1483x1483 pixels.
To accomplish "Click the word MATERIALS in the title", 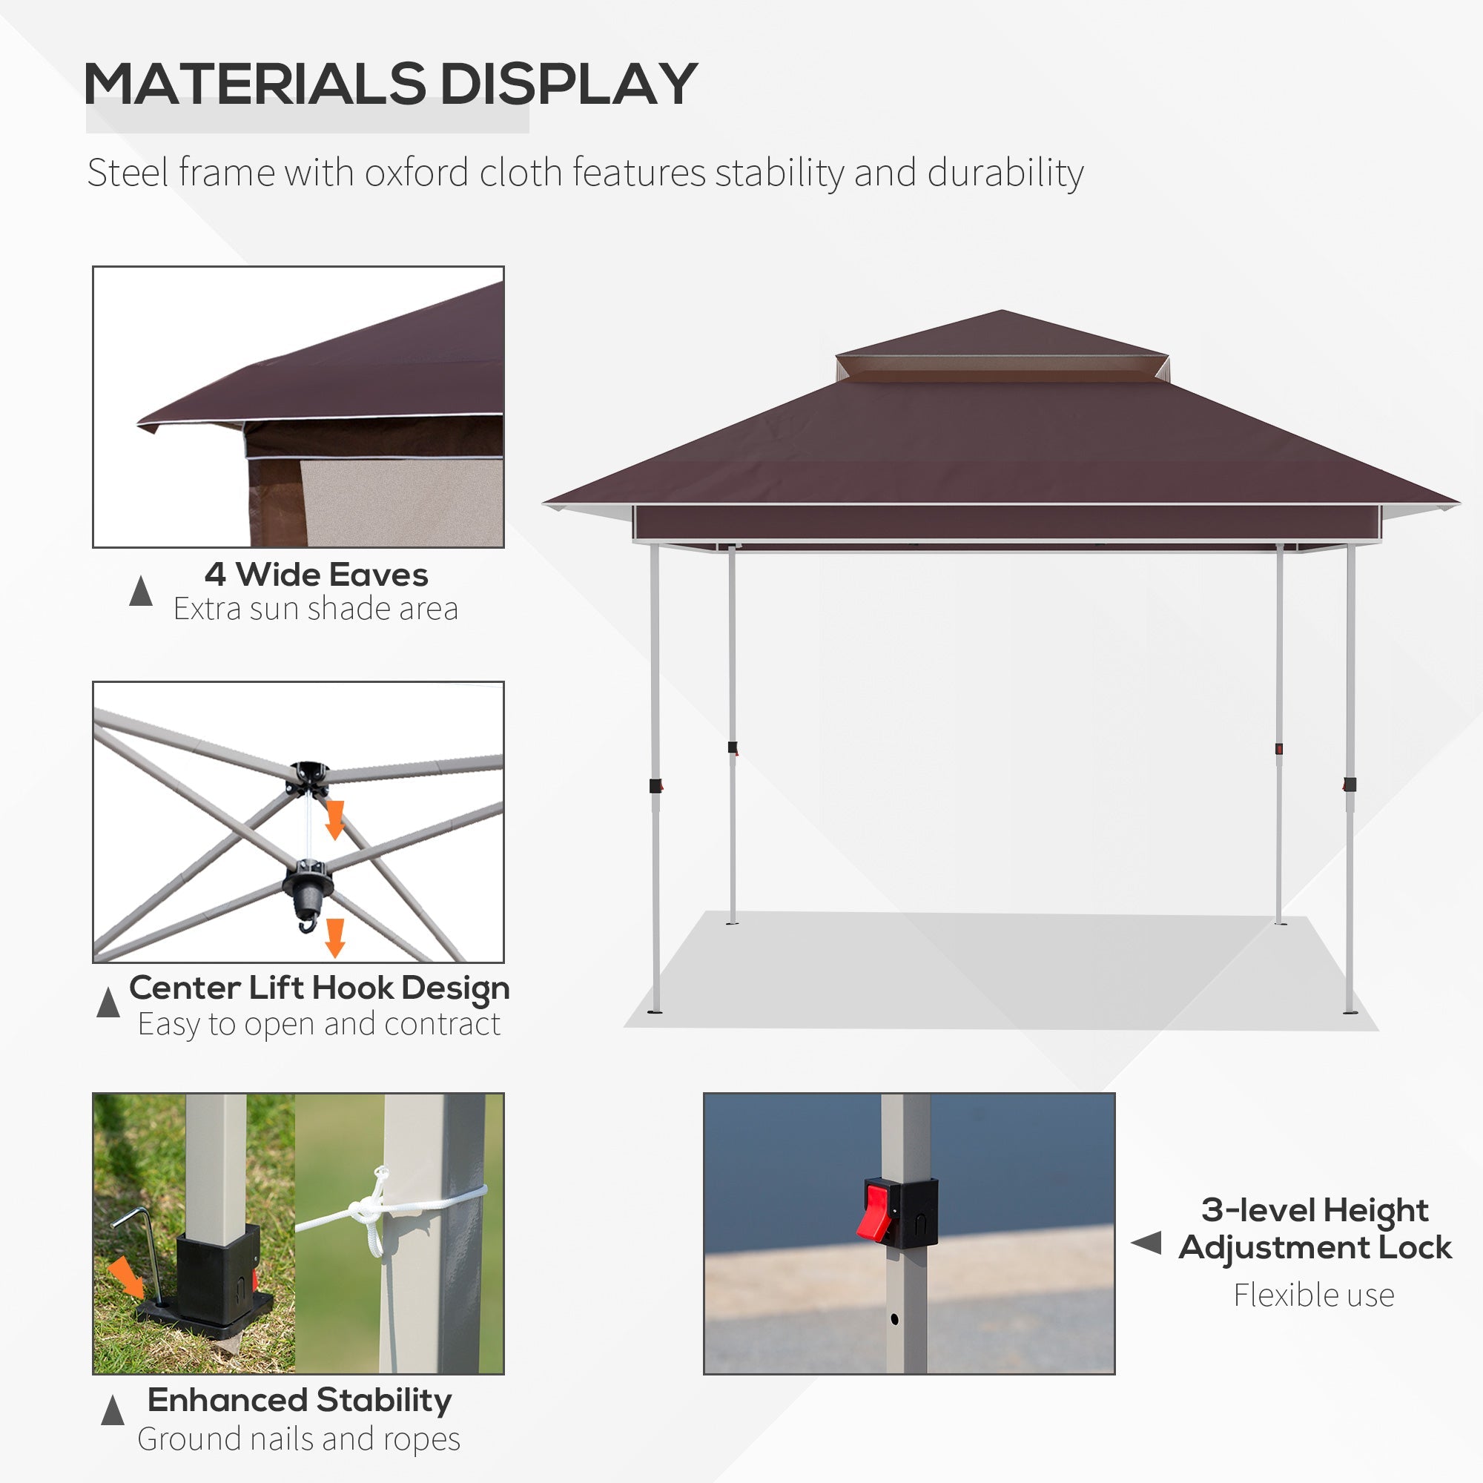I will (x=254, y=84).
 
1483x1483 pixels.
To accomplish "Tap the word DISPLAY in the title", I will (x=568, y=84).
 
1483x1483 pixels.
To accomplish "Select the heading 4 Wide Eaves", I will (x=315, y=574).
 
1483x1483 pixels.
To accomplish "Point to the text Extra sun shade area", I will (x=315, y=609).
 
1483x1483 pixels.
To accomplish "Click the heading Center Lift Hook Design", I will (x=320, y=988).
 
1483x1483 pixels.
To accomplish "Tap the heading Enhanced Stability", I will (x=300, y=1400).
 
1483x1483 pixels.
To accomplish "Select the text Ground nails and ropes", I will (x=299, y=1439).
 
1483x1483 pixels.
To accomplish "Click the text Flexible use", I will (x=1313, y=1295).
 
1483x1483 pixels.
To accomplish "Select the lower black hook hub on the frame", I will (x=308, y=887).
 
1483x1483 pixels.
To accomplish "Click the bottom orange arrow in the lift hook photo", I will (x=334, y=937).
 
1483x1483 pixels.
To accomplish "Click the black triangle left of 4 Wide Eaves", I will (x=140, y=590).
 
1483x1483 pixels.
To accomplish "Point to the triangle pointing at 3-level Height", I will (x=1147, y=1243).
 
